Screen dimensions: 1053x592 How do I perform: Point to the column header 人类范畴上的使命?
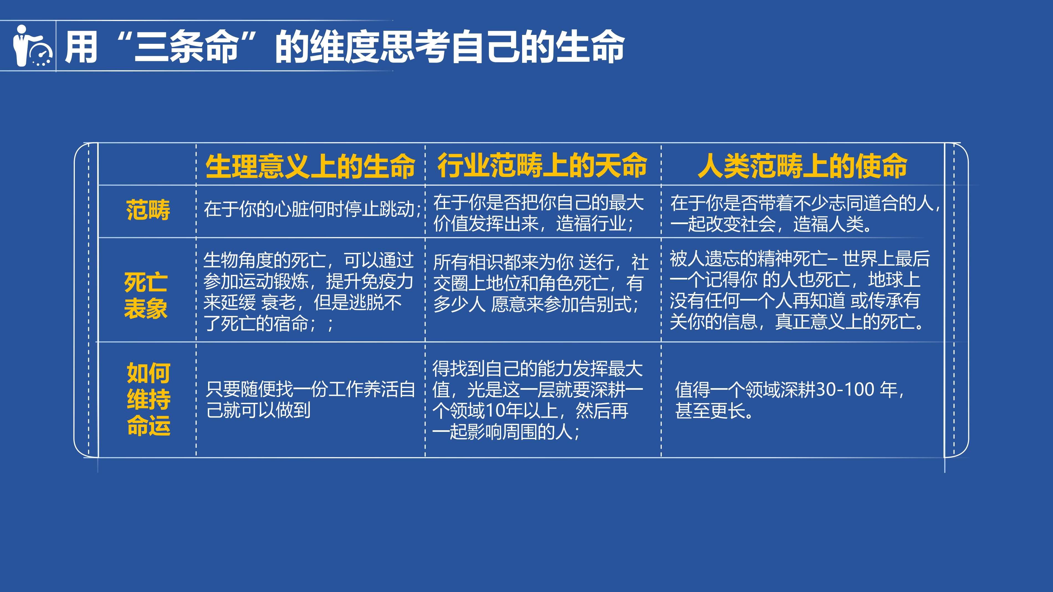tap(803, 166)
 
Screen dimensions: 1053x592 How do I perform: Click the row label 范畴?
tap(148, 210)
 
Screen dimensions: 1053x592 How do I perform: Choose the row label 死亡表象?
tap(146, 295)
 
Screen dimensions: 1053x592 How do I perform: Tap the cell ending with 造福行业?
tap(538, 213)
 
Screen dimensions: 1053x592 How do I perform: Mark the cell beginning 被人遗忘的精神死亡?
tap(799, 290)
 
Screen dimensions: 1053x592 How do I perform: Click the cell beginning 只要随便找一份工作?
tap(311, 399)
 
